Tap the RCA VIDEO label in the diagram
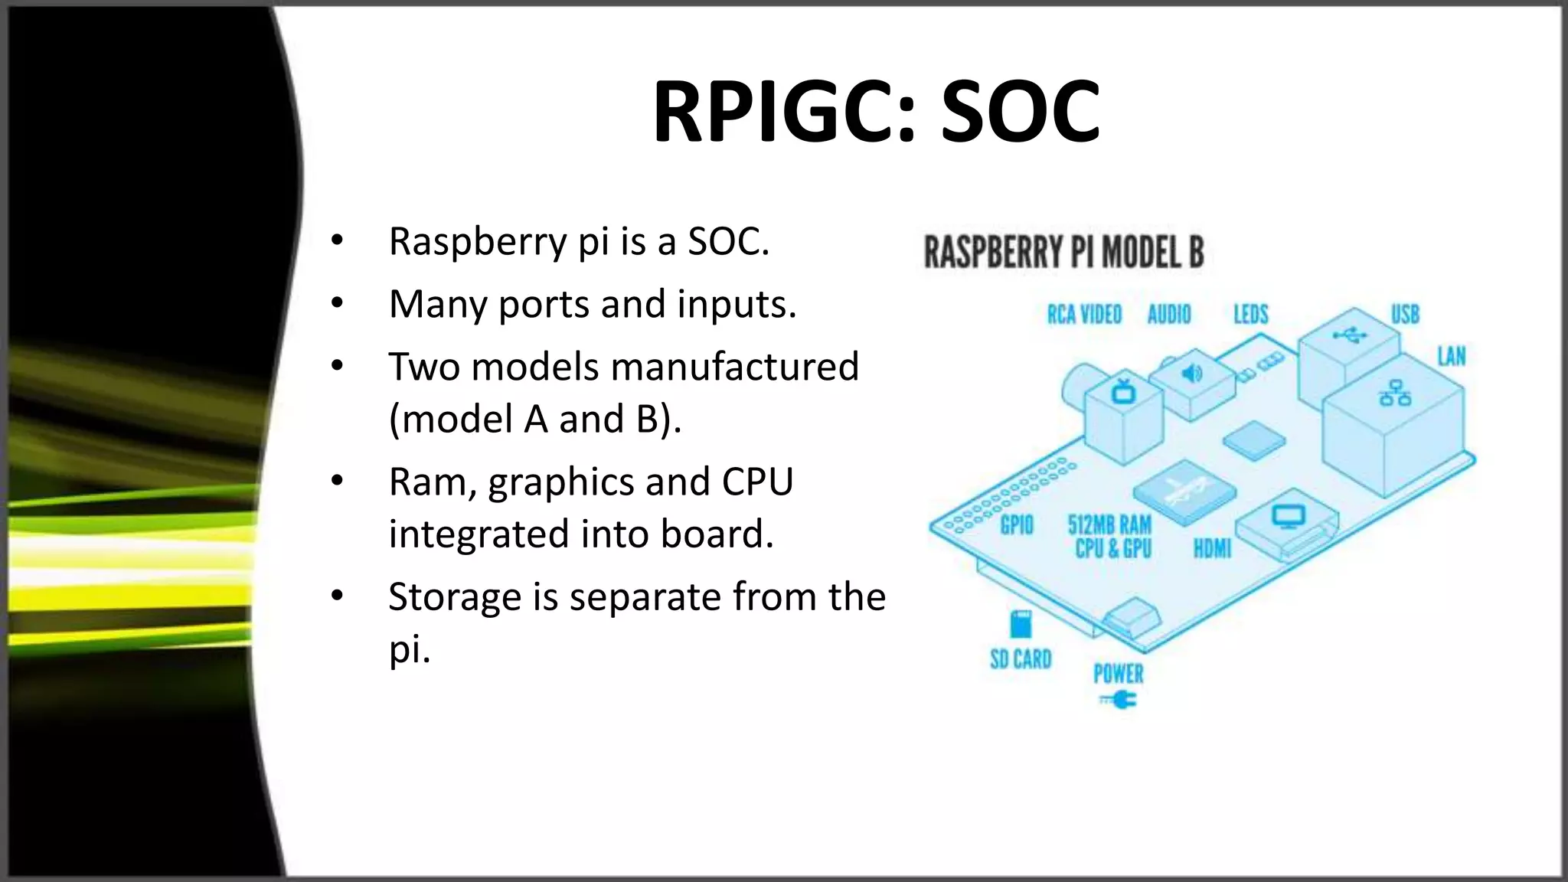(x=1084, y=315)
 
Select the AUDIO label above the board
(x=1168, y=315)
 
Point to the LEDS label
(x=1250, y=315)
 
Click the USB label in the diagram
(x=1405, y=315)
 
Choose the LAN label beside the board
(x=1451, y=356)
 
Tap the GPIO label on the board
(x=1017, y=525)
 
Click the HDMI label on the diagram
(x=1212, y=548)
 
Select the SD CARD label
(x=1021, y=659)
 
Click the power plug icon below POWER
(x=1119, y=700)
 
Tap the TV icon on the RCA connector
(x=1124, y=391)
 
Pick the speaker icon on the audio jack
(x=1191, y=374)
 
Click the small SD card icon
(x=1021, y=624)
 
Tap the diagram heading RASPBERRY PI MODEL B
(x=1064, y=252)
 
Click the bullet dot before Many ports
(x=338, y=304)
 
